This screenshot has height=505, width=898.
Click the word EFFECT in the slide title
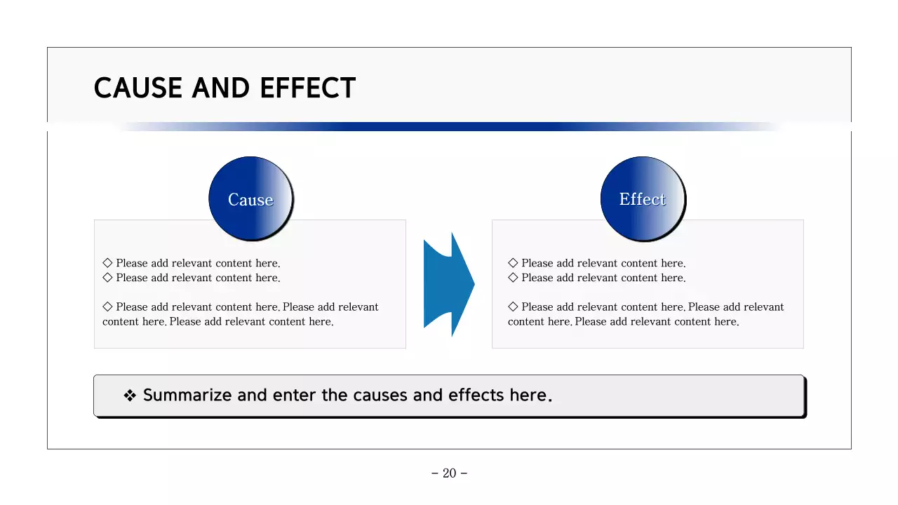(307, 88)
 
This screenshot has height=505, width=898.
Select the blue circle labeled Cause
(250, 198)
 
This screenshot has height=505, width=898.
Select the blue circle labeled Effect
(643, 198)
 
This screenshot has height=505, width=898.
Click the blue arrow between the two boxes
(449, 284)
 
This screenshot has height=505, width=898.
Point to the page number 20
(449, 473)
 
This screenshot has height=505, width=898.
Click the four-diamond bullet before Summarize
(130, 396)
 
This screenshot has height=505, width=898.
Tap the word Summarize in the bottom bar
(187, 396)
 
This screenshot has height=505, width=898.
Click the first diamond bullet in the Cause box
(107, 263)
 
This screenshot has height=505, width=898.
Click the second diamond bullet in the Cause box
(107, 278)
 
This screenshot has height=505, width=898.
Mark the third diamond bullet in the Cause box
(107, 307)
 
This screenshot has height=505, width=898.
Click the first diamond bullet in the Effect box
(513, 263)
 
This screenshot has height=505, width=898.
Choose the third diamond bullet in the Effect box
(513, 307)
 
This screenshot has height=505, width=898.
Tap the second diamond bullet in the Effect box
(513, 278)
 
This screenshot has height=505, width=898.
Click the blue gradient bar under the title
(449, 127)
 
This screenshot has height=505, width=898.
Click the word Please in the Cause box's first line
(132, 264)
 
